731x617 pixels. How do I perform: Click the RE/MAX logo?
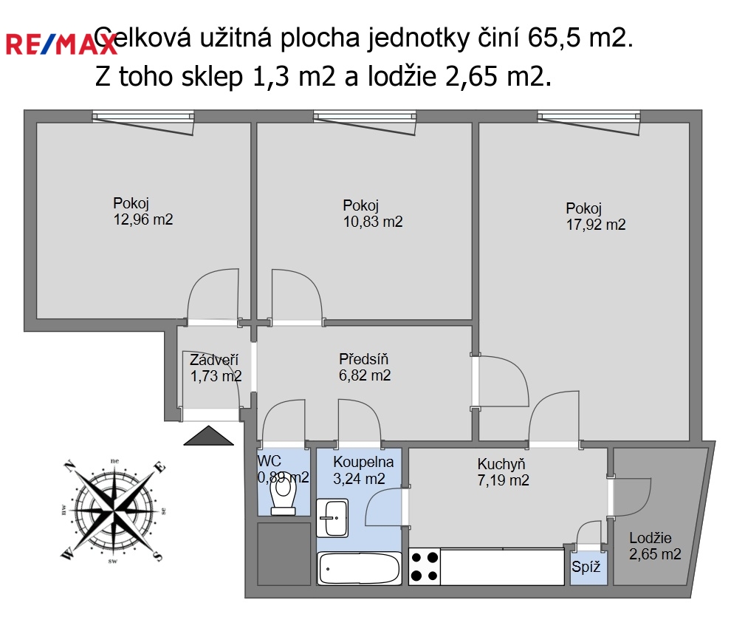point(61,45)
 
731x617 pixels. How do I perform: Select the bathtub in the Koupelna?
point(359,568)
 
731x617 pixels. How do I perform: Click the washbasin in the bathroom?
point(332,518)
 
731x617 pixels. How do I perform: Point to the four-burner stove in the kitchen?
point(425,567)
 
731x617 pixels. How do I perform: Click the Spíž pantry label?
point(586,567)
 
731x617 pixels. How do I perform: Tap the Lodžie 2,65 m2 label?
point(655,545)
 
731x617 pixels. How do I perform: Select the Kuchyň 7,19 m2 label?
point(503,472)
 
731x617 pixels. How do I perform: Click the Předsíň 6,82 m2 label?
point(365,367)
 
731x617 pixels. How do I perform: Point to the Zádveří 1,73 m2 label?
point(216,367)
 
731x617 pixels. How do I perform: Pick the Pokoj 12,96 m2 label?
point(143,211)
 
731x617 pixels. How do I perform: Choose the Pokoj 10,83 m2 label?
point(373,214)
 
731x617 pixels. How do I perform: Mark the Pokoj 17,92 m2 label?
point(596,217)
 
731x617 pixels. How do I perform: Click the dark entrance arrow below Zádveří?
point(208,435)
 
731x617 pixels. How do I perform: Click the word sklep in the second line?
point(212,77)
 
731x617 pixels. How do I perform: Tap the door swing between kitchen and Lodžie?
point(632,497)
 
